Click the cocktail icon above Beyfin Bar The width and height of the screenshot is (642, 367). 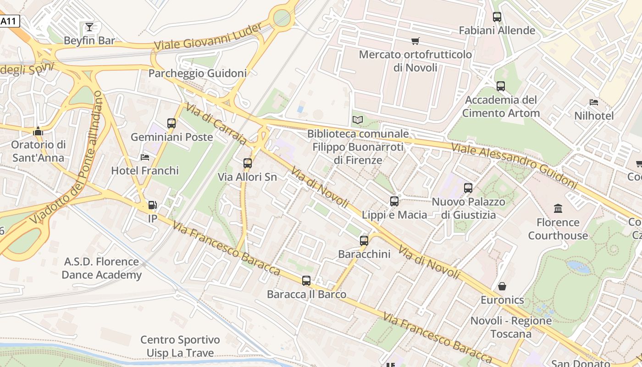[x=89, y=27]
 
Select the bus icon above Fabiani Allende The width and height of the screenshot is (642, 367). [x=497, y=17]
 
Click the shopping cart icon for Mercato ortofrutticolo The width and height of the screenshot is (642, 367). [x=415, y=41]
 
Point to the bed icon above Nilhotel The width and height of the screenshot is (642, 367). [x=594, y=102]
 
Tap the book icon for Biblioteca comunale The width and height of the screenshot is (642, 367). [x=358, y=120]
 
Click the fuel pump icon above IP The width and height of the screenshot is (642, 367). [x=152, y=205]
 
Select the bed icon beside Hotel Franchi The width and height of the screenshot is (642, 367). [x=145, y=157]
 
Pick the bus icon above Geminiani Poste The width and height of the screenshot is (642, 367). [x=172, y=123]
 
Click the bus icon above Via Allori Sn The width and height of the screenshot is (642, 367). [x=248, y=163]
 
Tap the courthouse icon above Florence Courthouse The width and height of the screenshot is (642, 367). [x=558, y=209]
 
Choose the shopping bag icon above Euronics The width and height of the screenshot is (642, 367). [x=502, y=286]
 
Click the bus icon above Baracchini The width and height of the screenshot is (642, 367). [x=364, y=240]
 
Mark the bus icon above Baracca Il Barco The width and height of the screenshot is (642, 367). [x=306, y=281]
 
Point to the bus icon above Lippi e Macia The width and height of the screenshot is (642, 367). [x=394, y=201]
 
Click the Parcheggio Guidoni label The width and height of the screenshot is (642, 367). [x=198, y=73]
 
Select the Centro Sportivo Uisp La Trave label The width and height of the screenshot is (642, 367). [x=180, y=346]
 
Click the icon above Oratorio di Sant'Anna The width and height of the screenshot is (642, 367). [x=38, y=131]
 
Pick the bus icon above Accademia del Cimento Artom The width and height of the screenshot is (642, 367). [x=501, y=86]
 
